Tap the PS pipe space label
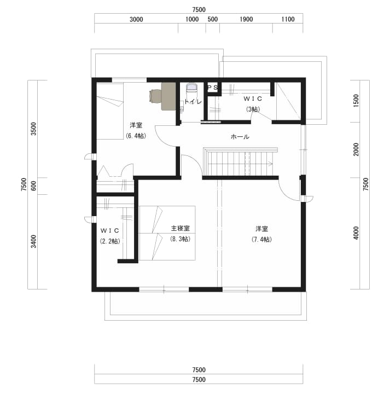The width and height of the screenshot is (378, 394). coord(212,88)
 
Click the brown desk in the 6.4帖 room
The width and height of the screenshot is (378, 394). coord(168,96)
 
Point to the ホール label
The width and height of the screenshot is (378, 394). coord(240,137)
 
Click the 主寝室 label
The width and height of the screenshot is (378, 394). coord(180,228)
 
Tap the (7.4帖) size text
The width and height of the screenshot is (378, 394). coord(261,239)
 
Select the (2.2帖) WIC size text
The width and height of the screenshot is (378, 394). coord(110,241)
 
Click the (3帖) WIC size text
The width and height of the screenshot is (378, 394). coord(253,109)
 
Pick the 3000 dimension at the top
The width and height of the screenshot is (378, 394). coord(136,19)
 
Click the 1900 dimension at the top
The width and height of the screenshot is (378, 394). coord(246,19)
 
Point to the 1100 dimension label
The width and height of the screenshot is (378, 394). coord(288,19)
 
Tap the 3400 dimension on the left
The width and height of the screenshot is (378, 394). coord(34,241)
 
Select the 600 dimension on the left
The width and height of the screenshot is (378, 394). coord(34,186)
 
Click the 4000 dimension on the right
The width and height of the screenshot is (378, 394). coord(356,233)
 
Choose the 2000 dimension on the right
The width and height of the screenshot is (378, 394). coord(356,149)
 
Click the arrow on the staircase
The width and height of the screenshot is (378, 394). coord(270,164)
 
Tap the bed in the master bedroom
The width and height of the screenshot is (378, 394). coord(167,233)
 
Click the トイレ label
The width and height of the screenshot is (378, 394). coord(193,102)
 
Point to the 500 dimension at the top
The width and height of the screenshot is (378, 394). coord(212,19)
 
